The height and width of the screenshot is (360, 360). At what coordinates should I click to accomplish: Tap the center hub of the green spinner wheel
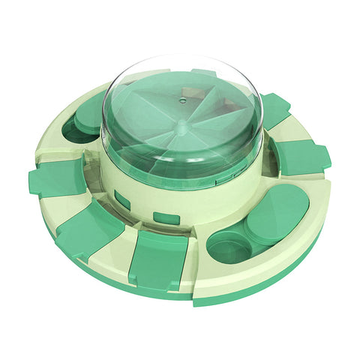coord(177,119)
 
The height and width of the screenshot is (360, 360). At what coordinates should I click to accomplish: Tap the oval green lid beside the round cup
coord(277,214)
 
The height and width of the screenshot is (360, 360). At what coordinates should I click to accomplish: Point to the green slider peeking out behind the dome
coord(204,73)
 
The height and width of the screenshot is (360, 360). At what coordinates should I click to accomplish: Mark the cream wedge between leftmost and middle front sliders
coord(66,205)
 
